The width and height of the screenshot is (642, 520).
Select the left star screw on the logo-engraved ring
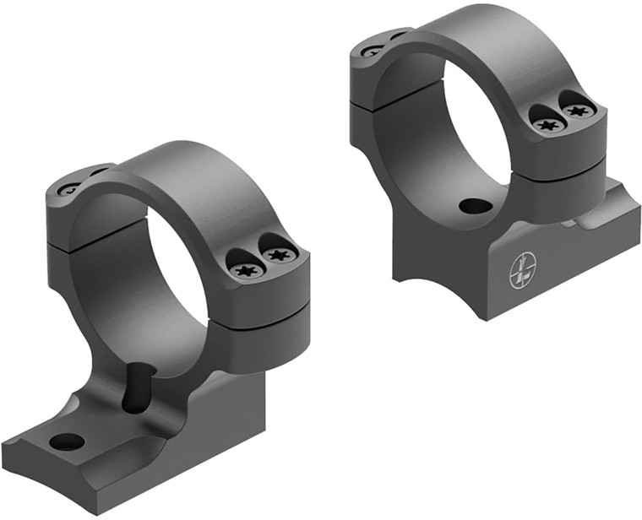[549, 125]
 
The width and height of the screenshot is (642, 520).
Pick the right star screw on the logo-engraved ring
[577, 110]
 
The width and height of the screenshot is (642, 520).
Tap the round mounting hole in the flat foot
[67, 441]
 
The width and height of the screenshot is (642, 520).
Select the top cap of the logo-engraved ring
[473, 34]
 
